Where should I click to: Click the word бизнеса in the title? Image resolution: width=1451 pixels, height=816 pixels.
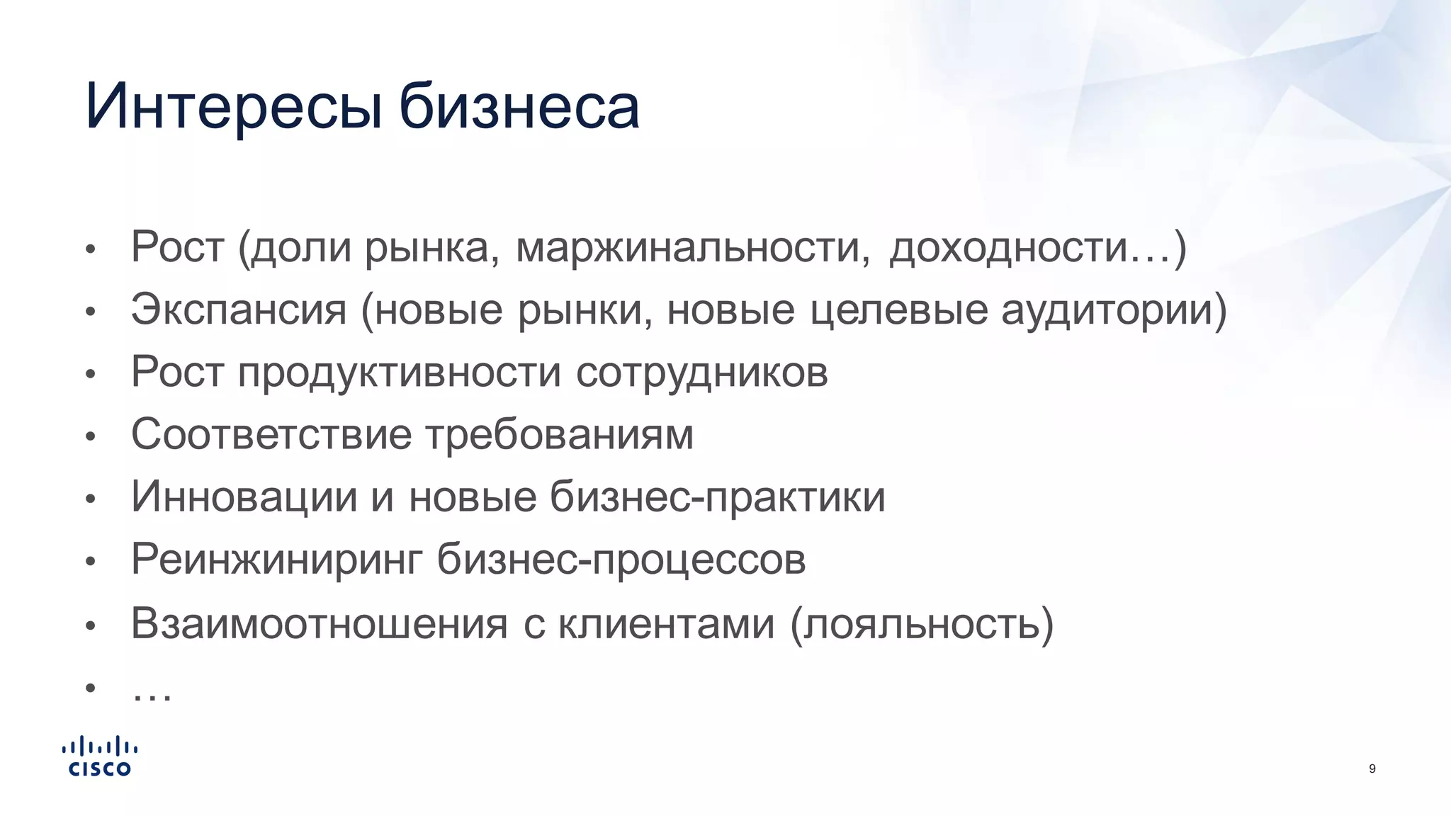point(519,108)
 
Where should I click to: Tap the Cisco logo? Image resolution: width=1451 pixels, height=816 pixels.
point(100,756)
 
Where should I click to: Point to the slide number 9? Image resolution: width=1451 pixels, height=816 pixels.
point(1372,769)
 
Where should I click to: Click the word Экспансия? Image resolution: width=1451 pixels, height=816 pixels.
point(239,310)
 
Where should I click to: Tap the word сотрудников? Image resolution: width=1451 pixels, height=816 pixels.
point(701,373)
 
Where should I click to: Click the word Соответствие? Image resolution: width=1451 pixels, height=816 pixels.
point(271,434)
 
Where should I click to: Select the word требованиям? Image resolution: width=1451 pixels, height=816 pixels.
point(560,434)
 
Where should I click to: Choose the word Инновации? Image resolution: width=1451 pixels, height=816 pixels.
point(244,497)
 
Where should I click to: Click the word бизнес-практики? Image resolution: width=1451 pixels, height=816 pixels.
point(717,497)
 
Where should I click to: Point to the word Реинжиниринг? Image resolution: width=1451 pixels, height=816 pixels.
point(277,560)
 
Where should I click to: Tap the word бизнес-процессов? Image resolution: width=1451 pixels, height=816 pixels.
point(621,560)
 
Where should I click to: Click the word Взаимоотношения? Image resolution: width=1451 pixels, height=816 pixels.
point(320,624)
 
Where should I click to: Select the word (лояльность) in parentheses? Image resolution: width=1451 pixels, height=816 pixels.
point(922,624)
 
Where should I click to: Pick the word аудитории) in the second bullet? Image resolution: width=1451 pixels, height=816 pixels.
point(1114,310)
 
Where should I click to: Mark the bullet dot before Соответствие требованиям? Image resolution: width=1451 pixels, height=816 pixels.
point(90,436)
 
